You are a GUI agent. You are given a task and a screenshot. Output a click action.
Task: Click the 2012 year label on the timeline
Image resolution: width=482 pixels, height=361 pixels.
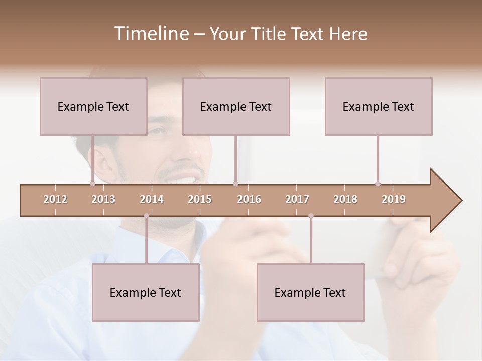[x=55, y=199]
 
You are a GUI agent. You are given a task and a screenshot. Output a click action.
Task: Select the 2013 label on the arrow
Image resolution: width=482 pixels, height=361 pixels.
[x=103, y=199]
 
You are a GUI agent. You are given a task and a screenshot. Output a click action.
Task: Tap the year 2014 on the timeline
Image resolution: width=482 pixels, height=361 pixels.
[x=152, y=199]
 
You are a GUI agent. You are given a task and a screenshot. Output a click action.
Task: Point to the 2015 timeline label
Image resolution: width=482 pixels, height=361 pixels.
[x=200, y=199]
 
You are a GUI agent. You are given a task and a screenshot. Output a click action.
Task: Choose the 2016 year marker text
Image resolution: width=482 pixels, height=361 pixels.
[x=249, y=199]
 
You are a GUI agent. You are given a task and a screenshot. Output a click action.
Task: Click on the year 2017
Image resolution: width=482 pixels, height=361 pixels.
[x=297, y=199]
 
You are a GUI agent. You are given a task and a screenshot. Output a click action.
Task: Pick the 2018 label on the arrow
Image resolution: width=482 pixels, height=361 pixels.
[x=345, y=199]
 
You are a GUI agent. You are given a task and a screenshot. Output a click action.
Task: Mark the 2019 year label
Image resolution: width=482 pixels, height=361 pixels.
[x=394, y=199]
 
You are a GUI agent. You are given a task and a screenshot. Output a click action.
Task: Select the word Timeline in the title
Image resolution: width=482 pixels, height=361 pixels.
[x=150, y=34]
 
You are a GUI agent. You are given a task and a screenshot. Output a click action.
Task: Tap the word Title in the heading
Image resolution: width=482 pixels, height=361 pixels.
[x=269, y=34]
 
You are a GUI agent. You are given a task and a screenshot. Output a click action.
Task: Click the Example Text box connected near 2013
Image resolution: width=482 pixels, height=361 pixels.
[x=93, y=106]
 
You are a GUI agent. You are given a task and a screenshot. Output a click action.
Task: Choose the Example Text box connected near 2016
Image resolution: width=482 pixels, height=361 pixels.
[x=236, y=106]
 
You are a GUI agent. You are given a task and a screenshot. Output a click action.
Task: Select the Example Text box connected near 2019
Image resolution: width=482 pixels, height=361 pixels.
[x=379, y=106]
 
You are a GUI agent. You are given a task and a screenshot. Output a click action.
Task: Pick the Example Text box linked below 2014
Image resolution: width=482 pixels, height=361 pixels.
[x=146, y=292]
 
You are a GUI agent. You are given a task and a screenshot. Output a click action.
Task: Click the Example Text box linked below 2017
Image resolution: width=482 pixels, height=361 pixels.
[x=310, y=292]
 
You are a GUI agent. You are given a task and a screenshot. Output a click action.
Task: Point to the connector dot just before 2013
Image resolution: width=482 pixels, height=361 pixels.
[x=92, y=184]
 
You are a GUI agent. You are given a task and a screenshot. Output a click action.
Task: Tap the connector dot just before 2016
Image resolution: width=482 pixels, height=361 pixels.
[x=235, y=184]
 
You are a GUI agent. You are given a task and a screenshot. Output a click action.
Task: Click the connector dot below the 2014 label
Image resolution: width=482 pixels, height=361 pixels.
[x=146, y=216]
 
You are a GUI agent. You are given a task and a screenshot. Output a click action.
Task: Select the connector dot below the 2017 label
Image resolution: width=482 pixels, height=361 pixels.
[x=311, y=216]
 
